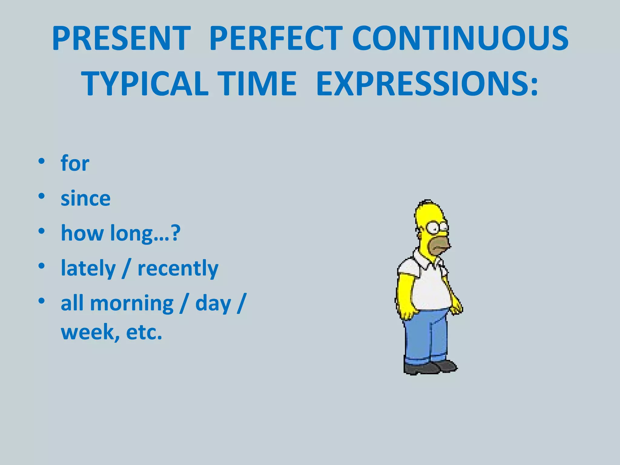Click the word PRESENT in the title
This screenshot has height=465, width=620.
[x=121, y=38]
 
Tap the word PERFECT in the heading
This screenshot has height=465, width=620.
[x=275, y=38]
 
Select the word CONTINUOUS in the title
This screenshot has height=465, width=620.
[x=460, y=38]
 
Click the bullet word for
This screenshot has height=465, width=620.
[x=75, y=163]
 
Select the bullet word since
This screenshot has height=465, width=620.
[x=86, y=199]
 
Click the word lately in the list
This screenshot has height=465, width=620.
[x=88, y=268]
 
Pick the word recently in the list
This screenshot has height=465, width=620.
[x=178, y=268]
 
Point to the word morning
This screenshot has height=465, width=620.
[x=132, y=303]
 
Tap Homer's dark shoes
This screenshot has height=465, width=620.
[x=430, y=368]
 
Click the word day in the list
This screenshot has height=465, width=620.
[x=213, y=303]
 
